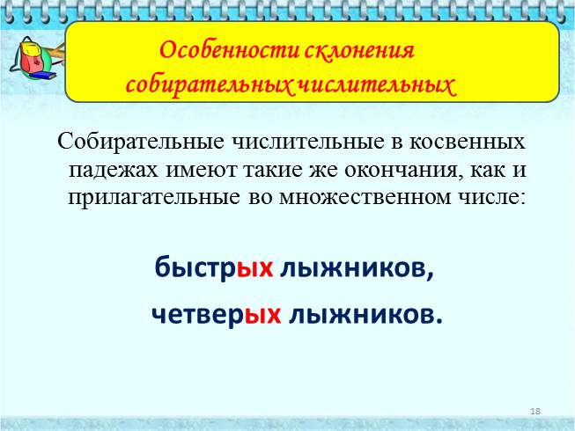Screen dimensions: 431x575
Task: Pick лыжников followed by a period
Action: (x=362, y=313)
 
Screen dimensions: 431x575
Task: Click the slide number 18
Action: (x=535, y=412)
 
